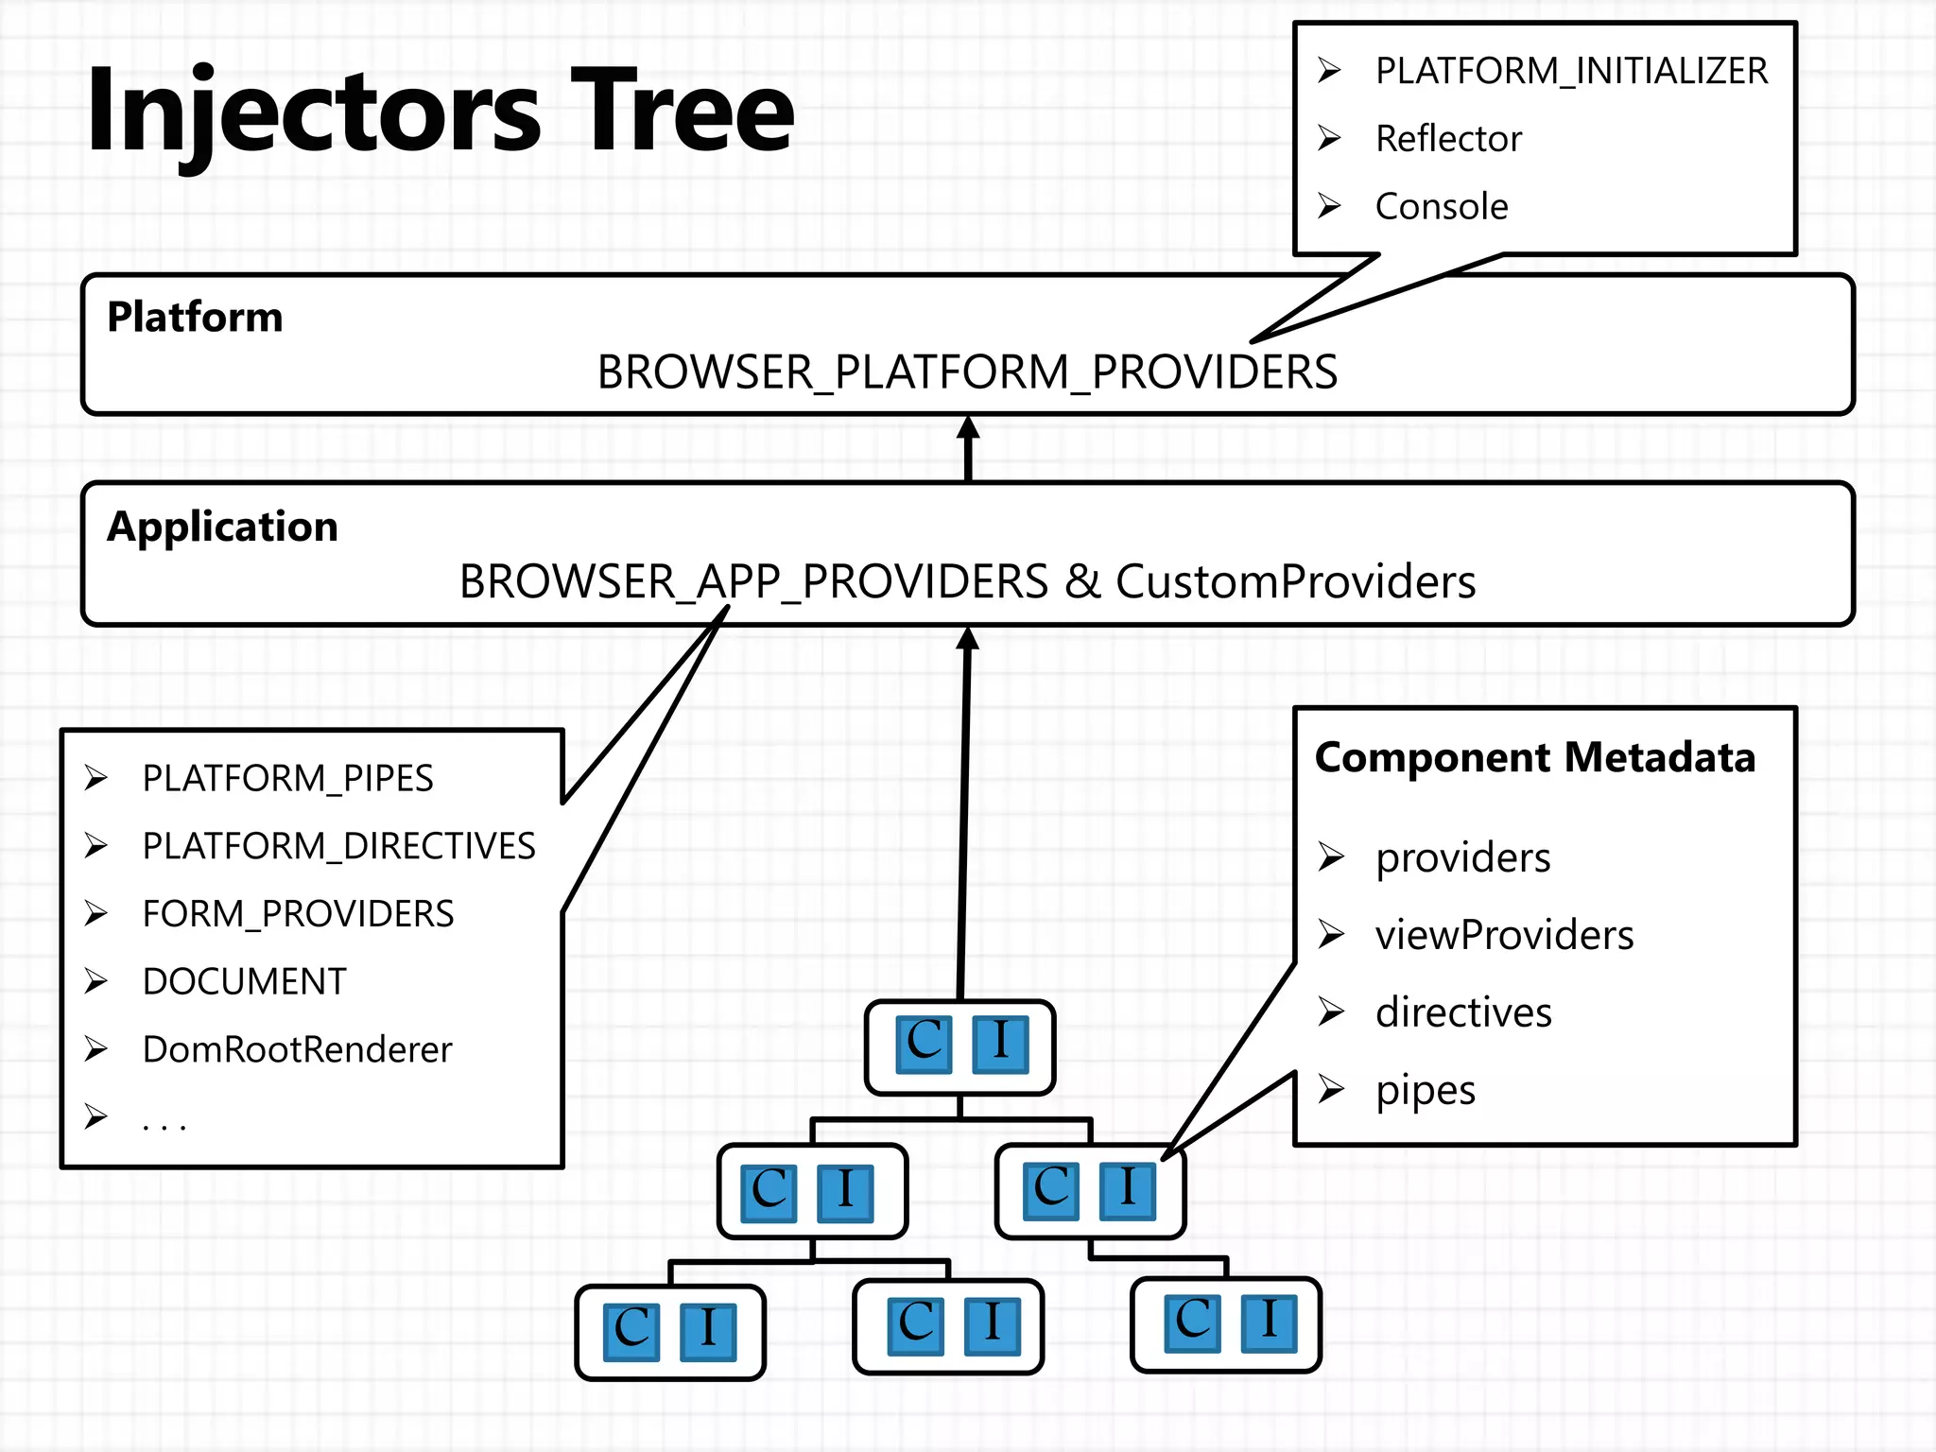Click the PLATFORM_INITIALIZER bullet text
1570,72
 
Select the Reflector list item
1447,139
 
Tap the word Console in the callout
1441,207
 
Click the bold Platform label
195,317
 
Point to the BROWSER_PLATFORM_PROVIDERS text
966,372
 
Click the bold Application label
222,527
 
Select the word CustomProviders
1295,581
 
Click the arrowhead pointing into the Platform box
967,429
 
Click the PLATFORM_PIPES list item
287,779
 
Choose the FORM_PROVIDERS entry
298,914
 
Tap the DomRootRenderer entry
297,1050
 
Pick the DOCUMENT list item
244,982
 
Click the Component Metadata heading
1534,758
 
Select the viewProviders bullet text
1503,936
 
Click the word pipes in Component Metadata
1425,1091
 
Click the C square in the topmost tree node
924,1044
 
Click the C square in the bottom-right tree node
1192,1323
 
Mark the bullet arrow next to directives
1331,1012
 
